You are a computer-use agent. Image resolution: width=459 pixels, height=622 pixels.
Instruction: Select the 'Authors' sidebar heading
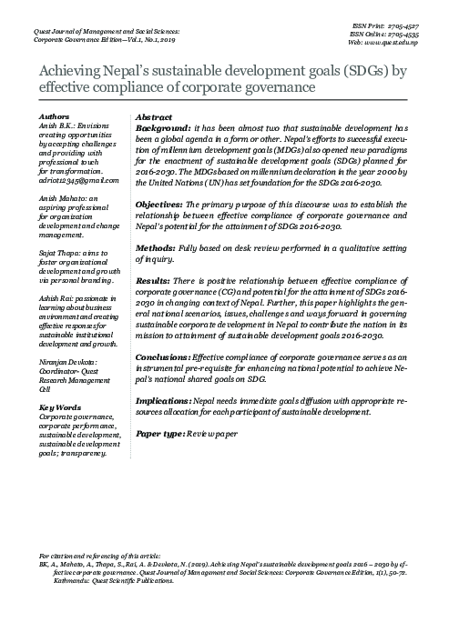coord(55,118)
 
